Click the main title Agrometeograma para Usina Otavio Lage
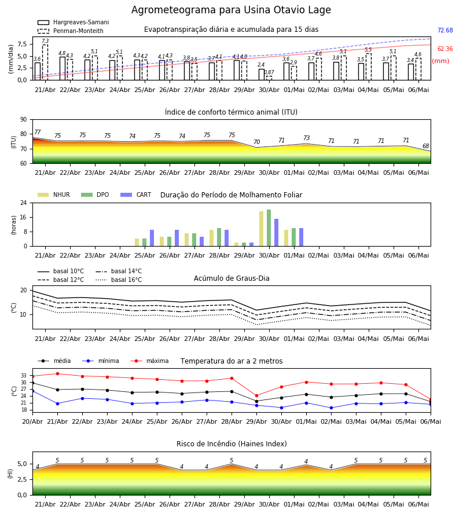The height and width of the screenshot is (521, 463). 231,10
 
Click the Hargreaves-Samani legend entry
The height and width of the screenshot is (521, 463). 73,22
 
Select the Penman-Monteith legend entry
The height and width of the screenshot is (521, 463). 71,31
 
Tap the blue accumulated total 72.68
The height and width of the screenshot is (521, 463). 445,30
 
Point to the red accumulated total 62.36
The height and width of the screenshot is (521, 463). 445,49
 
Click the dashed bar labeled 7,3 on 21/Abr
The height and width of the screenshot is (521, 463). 45,62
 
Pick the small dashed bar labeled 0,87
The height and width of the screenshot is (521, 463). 269,78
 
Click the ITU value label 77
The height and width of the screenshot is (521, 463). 38,132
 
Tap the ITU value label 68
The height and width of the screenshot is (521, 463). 425,146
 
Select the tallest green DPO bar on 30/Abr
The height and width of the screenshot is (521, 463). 269,228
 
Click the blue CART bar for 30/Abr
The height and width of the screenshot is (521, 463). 276,233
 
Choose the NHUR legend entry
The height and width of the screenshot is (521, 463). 54,195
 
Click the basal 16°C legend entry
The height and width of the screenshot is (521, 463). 119,280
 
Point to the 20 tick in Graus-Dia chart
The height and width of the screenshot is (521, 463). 24,291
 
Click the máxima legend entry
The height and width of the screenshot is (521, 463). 149,361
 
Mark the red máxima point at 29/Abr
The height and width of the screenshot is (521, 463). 256,396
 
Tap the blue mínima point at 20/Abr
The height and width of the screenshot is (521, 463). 32,391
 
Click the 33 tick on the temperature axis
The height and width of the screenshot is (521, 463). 24,376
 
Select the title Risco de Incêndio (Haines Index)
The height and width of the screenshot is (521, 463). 231,444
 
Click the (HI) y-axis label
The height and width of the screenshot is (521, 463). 10,474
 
